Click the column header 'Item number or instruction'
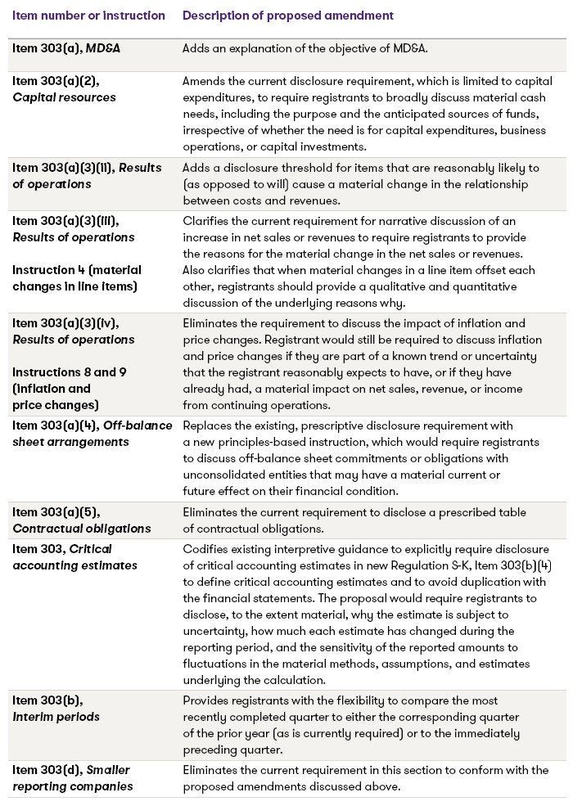(88, 16)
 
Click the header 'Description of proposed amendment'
(287, 16)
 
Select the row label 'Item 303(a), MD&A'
(66, 48)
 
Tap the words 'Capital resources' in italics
(64, 97)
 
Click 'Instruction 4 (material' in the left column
(77, 270)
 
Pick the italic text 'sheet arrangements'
(70, 442)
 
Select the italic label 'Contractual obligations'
(82, 529)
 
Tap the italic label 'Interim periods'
(56, 717)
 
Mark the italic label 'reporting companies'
(73, 787)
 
